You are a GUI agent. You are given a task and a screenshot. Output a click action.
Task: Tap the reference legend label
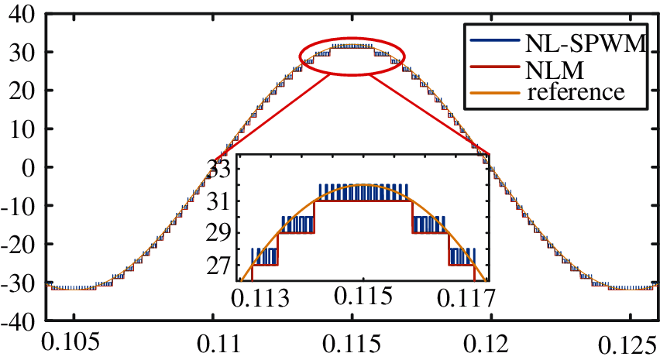575,93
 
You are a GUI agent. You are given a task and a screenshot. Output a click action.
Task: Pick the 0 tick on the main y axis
32,167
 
